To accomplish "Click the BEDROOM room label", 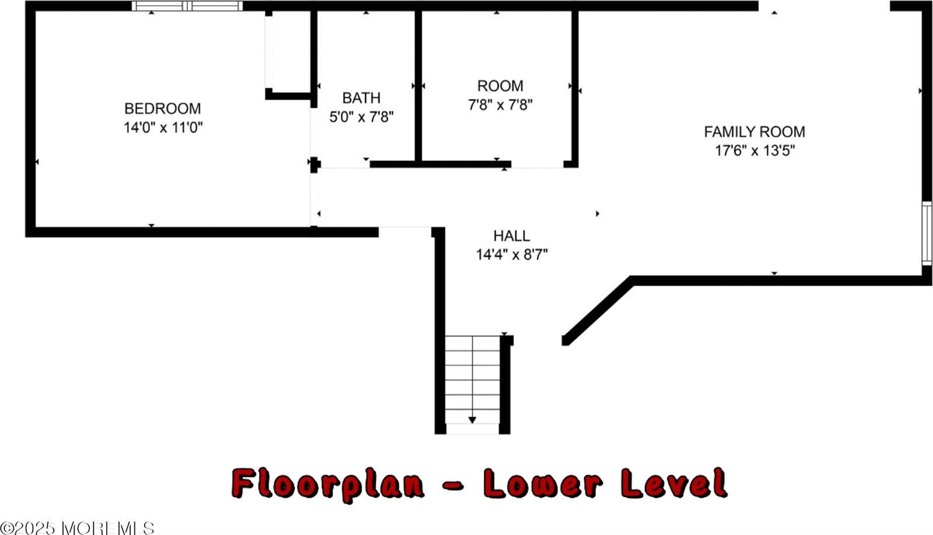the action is click(163, 108).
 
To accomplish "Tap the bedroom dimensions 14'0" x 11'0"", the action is click(163, 127).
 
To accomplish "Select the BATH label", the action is click(361, 98).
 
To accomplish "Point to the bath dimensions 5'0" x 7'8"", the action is click(361, 117).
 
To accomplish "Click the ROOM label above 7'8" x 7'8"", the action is click(500, 86).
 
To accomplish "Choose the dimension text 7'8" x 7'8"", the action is click(500, 104).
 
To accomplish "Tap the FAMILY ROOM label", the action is click(755, 132).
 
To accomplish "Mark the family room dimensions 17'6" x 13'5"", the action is click(755, 150).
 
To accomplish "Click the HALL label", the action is click(511, 236).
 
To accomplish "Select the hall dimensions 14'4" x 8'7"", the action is click(511, 254).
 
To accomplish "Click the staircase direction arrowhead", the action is click(472, 420).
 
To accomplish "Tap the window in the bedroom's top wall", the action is click(187, 6).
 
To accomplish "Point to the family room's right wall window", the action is click(927, 233).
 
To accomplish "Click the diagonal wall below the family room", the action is click(598, 311).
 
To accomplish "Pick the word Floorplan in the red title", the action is click(328, 483).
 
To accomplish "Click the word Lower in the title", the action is click(543, 483).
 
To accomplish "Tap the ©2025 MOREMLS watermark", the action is click(77, 528).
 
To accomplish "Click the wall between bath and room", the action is click(418, 86).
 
